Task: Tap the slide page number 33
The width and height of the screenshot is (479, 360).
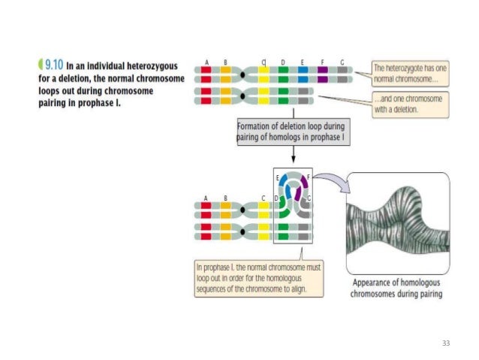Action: coord(447,343)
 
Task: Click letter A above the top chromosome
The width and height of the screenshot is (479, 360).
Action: coord(206,62)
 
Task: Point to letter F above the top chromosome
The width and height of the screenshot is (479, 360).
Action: coord(321,62)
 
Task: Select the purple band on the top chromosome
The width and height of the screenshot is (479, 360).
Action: coord(322,71)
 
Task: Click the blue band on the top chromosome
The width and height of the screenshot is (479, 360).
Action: coord(303,71)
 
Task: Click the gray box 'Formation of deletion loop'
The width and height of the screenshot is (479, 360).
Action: coord(291,133)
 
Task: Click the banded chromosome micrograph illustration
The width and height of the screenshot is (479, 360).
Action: coord(397,222)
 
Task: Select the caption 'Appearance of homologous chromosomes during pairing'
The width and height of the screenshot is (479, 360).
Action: coord(397,289)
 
